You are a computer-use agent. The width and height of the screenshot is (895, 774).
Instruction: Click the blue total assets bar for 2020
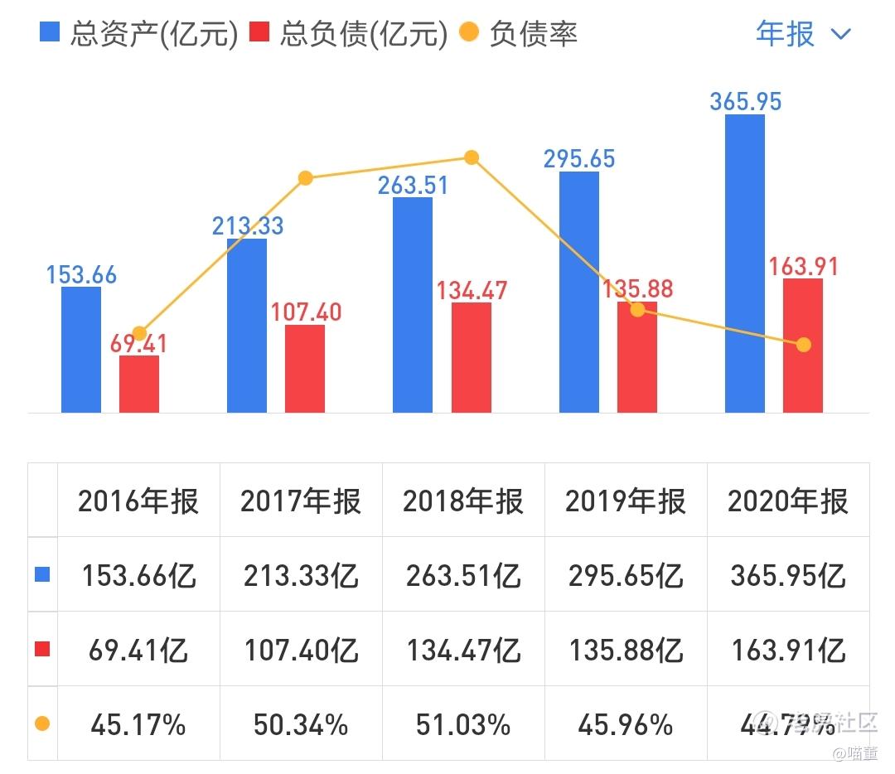point(744,264)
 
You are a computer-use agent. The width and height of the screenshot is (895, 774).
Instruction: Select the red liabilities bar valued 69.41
point(139,384)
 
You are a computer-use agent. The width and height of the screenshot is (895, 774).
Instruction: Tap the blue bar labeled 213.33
point(247,325)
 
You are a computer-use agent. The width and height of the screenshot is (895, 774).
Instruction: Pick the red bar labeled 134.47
point(471,357)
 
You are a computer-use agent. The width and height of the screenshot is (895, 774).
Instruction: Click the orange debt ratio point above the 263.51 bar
point(472,157)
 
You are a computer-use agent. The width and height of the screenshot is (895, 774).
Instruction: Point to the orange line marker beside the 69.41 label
point(139,333)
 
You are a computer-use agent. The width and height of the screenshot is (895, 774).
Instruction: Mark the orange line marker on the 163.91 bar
point(803,345)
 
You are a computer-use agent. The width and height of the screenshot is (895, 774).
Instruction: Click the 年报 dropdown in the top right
point(802,34)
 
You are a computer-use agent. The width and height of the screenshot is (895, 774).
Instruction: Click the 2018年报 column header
point(463,501)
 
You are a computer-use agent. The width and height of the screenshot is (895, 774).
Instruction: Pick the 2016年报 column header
point(138,501)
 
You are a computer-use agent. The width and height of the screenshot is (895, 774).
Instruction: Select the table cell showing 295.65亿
point(626,576)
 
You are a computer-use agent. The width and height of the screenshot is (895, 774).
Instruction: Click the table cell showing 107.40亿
point(301,651)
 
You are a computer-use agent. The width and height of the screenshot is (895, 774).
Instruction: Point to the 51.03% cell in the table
point(463,725)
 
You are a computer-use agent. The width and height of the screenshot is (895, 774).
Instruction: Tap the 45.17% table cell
point(138,725)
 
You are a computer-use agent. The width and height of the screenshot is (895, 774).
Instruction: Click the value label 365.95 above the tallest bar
point(745,101)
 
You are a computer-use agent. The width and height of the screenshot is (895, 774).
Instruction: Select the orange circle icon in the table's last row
point(42,724)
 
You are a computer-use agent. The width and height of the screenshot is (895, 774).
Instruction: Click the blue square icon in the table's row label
point(42,575)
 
